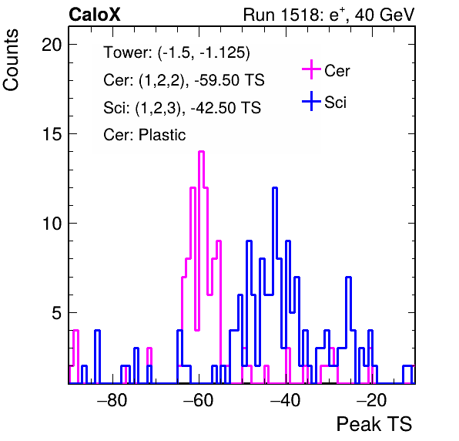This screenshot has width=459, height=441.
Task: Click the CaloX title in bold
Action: tap(95, 15)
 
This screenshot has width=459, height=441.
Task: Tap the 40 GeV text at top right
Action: tap(384, 15)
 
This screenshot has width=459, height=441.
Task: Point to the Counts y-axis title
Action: tap(11, 60)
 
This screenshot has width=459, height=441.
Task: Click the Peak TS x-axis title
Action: tap(374, 424)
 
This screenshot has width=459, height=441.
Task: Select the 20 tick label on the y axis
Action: tap(52, 45)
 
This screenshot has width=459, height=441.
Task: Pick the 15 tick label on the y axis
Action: tap(52, 134)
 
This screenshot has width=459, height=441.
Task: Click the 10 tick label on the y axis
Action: tap(52, 224)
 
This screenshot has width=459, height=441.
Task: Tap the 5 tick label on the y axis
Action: tap(57, 313)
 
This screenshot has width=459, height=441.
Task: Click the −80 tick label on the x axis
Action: tap(112, 399)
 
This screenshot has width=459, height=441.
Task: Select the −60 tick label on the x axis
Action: tap(199, 399)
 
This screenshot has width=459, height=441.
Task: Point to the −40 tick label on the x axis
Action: tap(285, 399)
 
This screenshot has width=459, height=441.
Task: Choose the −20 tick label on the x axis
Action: tap(371, 399)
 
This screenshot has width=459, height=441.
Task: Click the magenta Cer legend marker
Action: tap(311, 69)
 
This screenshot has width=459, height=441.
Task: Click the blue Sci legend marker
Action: tap(311, 102)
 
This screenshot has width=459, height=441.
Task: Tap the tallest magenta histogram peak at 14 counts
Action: tap(201, 151)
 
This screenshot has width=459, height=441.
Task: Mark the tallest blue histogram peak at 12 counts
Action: tap(275, 188)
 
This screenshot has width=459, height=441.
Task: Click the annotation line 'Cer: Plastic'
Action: tap(144, 135)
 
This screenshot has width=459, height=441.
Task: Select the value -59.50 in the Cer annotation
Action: tap(216, 80)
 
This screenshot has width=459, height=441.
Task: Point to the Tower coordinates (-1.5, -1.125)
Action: tap(204, 53)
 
